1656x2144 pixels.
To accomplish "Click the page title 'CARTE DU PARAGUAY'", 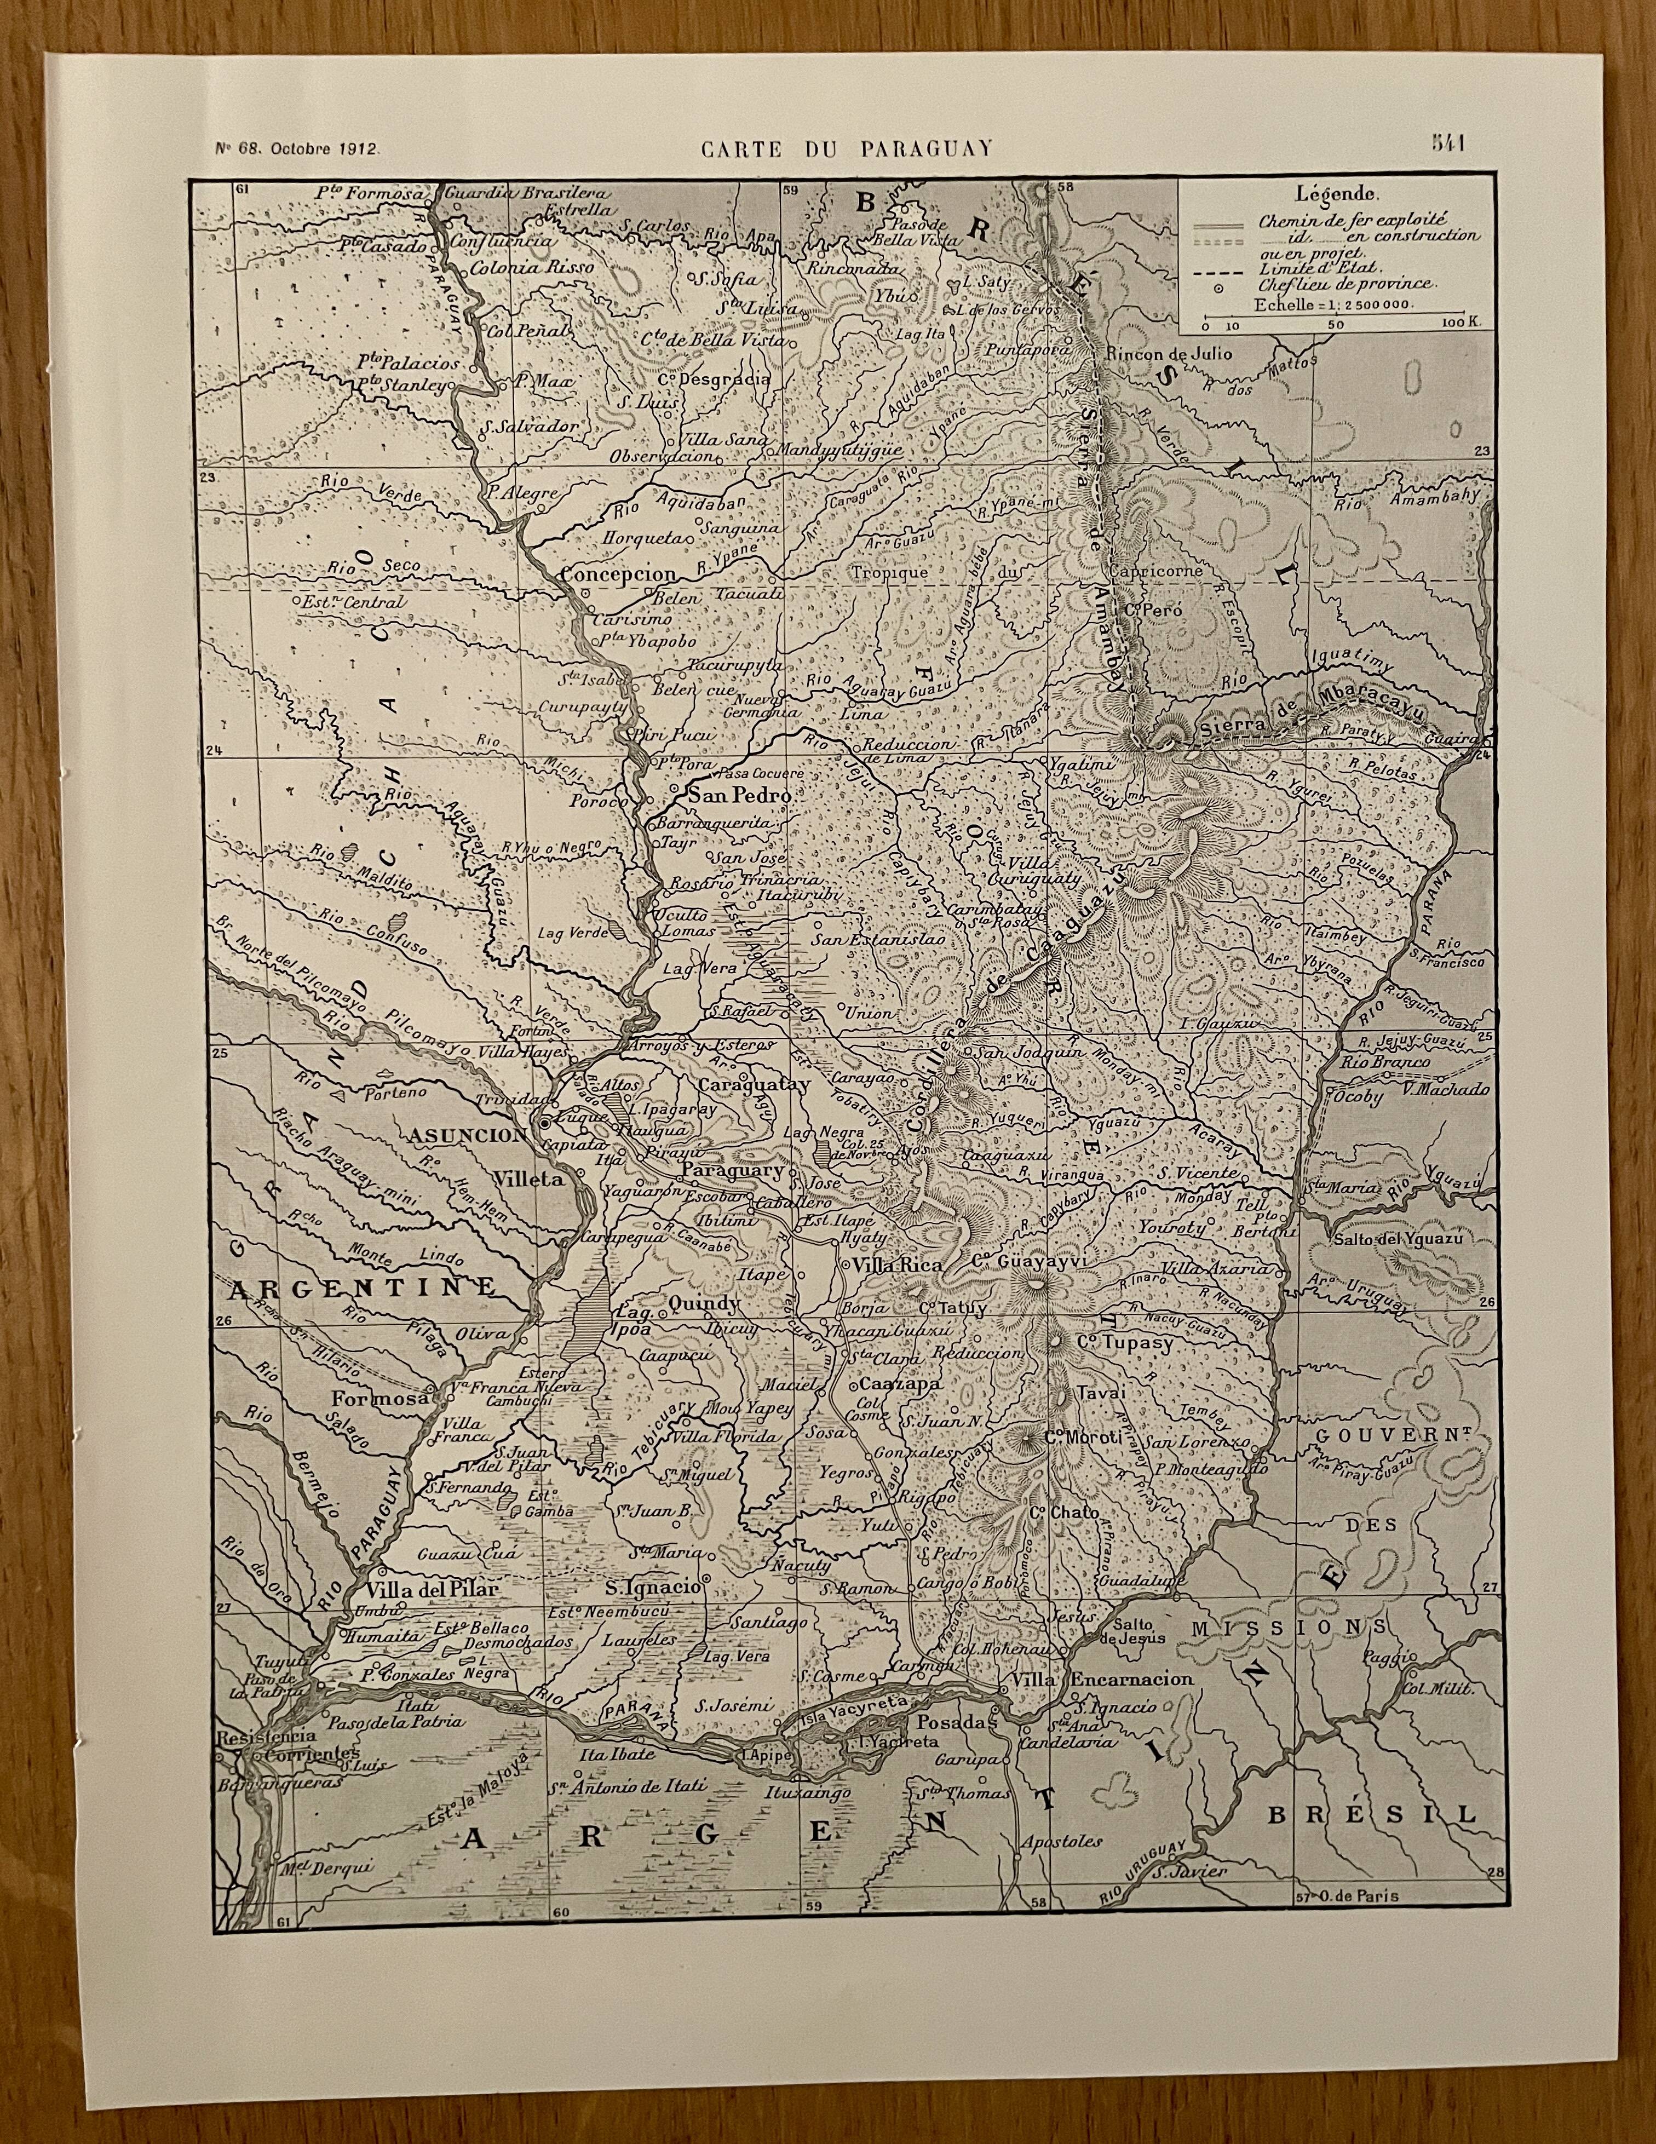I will coord(846,148).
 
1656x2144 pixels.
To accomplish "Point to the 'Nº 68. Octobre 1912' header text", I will coord(297,149).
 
